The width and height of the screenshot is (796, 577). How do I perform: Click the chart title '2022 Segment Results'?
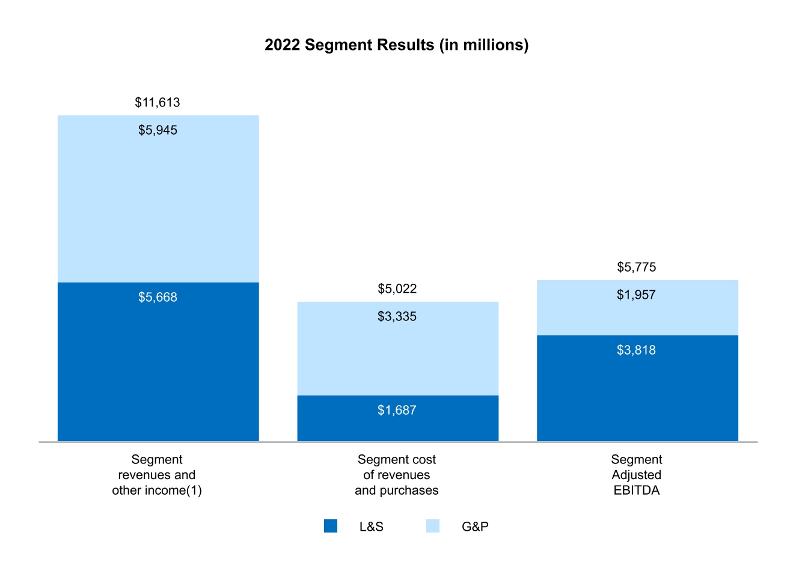tap(396, 45)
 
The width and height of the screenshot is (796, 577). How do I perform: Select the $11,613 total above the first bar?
tap(158, 102)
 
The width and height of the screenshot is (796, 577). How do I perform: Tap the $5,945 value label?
tap(158, 130)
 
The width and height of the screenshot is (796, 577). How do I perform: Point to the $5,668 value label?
tap(158, 297)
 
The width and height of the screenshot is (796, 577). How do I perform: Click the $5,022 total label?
tap(397, 288)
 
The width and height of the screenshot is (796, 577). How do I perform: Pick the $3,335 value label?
tap(397, 316)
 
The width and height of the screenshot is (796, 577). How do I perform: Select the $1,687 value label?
tap(397, 410)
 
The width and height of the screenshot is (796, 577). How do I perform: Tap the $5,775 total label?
tap(636, 267)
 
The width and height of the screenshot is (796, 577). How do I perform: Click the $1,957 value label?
tap(636, 295)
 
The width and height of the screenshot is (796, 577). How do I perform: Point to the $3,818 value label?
tap(636, 350)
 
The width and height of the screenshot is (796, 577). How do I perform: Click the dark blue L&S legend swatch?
tap(331, 526)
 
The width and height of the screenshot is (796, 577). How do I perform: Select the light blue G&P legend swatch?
tap(433, 526)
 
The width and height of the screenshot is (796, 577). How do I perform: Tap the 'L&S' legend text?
tap(371, 527)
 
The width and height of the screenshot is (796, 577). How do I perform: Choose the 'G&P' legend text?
tap(475, 527)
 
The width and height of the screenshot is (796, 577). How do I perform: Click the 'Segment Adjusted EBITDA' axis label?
tap(636, 475)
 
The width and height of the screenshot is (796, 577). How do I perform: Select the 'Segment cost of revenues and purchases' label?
tap(397, 475)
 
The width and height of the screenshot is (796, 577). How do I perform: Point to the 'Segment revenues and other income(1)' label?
tap(157, 475)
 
